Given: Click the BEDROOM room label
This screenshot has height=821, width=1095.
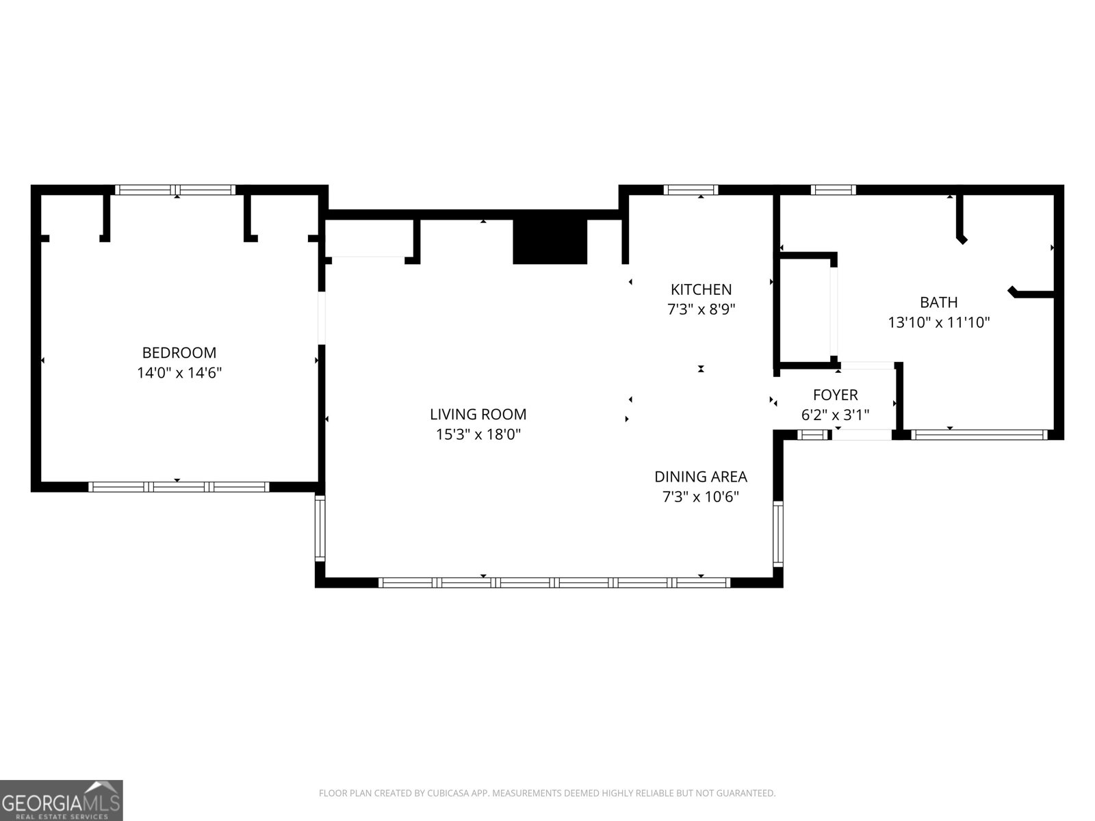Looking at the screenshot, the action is tap(179, 353).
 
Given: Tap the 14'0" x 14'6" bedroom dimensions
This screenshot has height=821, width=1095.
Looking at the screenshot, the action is tap(179, 373).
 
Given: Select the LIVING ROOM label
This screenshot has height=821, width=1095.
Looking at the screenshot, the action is tap(478, 414).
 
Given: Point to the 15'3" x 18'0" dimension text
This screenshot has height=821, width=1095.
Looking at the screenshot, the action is tap(478, 434).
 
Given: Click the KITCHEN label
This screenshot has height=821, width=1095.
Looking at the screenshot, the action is tap(701, 289).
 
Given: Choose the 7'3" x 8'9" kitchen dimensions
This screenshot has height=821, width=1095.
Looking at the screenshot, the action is tap(701, 309).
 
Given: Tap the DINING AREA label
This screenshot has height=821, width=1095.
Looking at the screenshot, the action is tap(700, 477).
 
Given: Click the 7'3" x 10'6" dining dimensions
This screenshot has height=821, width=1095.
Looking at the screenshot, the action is tap(700, 497).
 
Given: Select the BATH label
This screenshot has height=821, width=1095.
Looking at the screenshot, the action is tap(938, 302).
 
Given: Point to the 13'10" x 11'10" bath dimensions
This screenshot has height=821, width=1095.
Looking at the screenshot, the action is tap(938, 322).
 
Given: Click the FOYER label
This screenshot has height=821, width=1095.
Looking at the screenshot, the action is tap(835, 395).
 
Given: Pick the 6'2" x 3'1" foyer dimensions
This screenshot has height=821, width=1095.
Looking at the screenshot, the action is tap(835, 415).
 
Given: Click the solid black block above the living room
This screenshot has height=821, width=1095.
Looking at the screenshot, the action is tap(550, 242).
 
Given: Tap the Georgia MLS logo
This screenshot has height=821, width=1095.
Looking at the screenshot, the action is tap(62, 800).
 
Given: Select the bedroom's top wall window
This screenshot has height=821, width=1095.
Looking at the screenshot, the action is tap(175, 190).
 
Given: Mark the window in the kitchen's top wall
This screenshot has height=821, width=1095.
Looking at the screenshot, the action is tap(691, 190).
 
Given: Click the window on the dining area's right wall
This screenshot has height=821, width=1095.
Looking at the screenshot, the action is tap(777, 534).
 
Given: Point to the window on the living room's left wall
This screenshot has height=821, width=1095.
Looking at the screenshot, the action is tap(320, 528).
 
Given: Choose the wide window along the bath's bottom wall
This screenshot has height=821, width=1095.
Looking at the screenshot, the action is tap(979, 434).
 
